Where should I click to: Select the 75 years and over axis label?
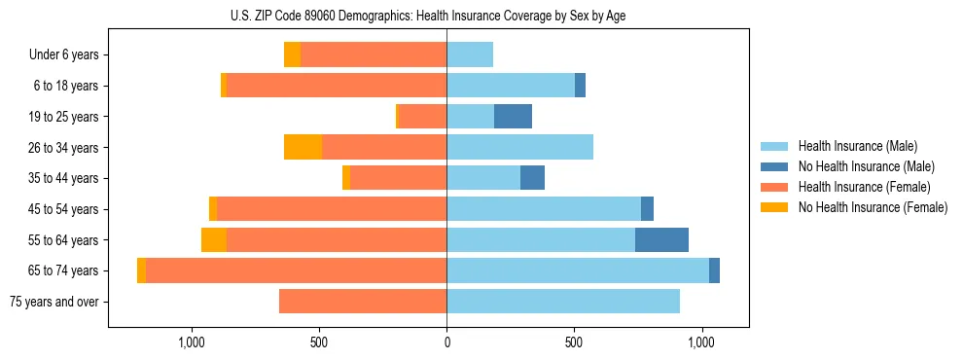[53, 302]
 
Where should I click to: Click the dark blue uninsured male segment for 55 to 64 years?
[661, 240]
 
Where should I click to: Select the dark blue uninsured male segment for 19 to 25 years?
[513, 117]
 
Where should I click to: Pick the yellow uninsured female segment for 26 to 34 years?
[303, 148]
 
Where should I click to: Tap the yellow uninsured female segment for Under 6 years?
[292, 55]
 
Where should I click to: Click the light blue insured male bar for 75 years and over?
[563, 302]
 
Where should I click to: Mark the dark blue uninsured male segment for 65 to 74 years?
[714, 270]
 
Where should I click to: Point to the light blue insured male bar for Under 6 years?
[470, 55]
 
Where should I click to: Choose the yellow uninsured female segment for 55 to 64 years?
[214, 240]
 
